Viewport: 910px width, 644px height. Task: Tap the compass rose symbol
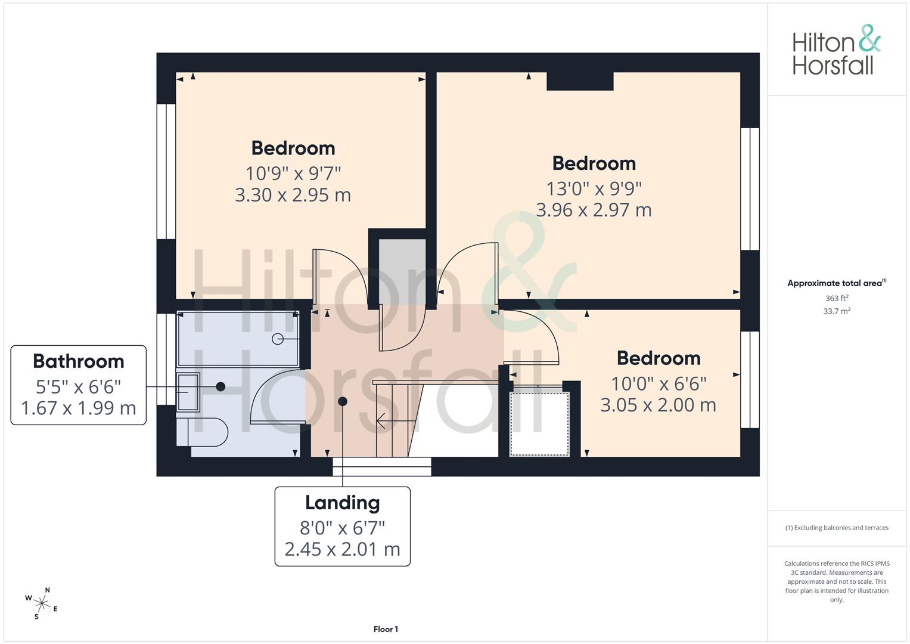(42, 603)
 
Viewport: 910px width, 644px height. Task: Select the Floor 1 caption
(386, 629)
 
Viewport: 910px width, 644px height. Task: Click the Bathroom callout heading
(79, 361)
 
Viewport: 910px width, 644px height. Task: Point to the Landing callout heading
(343, 503)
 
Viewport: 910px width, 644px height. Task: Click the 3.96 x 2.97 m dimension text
(594, 210)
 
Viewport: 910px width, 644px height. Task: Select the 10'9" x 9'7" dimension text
(293, 173)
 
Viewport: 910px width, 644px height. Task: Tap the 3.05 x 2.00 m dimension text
(658, 405)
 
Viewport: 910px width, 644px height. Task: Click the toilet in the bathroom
(202, 432)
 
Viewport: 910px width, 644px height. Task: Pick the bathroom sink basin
(188, 392)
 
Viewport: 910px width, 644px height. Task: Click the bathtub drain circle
(278, 339)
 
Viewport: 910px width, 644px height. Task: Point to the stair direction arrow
(396, 421)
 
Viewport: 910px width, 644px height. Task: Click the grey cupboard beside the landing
(402, 271)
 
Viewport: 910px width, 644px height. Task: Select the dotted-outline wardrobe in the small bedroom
(539, 423)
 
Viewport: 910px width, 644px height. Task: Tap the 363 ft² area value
(837, 298)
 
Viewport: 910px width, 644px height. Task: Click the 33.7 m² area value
(837, 311)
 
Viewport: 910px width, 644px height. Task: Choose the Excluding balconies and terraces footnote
(837, 528)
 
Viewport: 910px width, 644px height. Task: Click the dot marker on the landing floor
(343, 402)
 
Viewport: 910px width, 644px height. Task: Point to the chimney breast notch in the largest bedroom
(580, 81)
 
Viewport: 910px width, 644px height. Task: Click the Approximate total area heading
(837, 283)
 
